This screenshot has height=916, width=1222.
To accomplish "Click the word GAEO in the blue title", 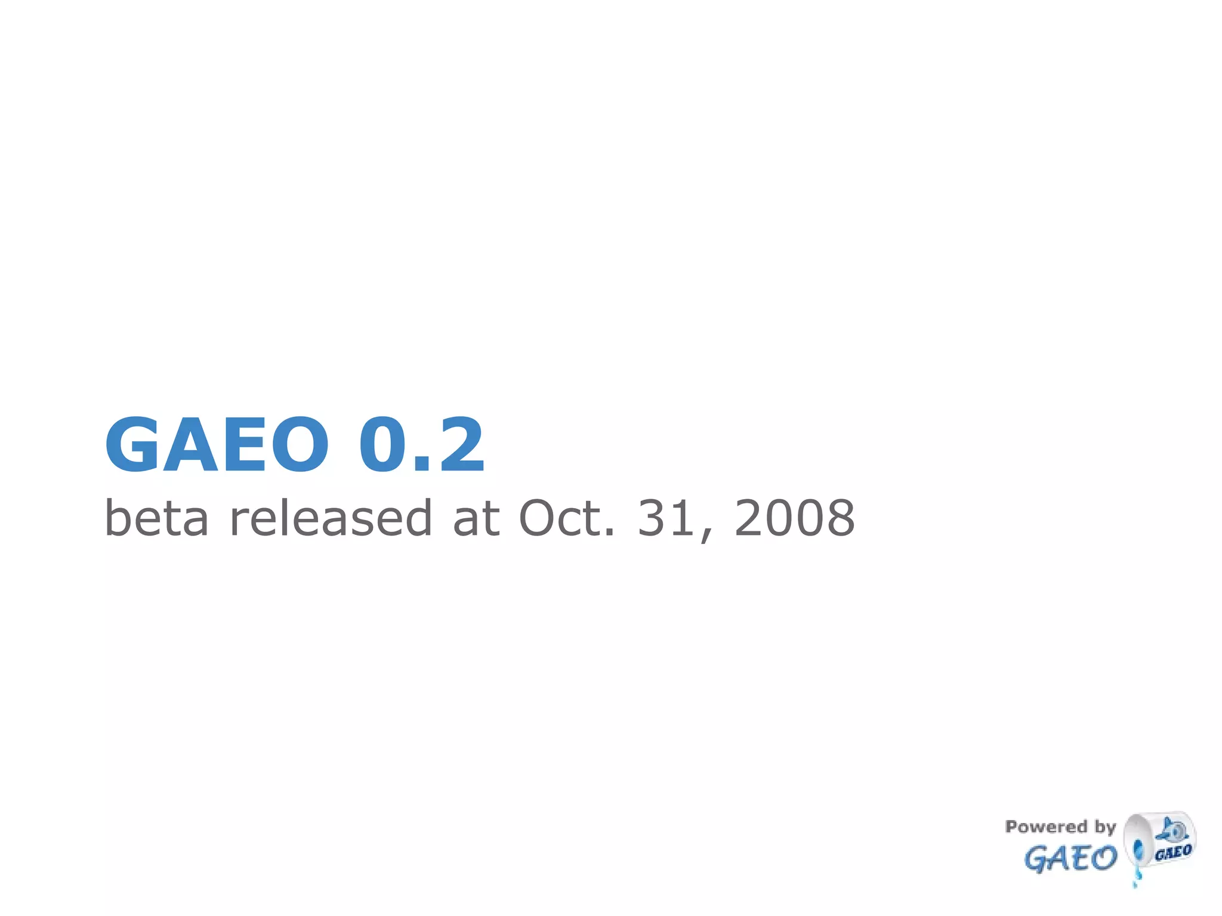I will (x=217, y=445).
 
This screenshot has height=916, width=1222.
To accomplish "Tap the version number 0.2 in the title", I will (x=421, y=445).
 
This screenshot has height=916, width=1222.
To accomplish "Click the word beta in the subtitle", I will (x=156, y=518).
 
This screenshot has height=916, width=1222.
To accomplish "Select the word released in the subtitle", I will (x=331, y=518).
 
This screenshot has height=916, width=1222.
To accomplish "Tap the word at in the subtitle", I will (x=476, y=518).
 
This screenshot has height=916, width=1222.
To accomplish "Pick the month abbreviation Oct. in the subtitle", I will (x=567, y=518).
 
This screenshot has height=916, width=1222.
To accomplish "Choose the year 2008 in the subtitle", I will (x=794, y=518).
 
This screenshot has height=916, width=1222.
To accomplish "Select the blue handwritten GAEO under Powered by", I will (x=1070, y=859).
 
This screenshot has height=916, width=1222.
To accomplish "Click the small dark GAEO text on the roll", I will (x=1173, y=852).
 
